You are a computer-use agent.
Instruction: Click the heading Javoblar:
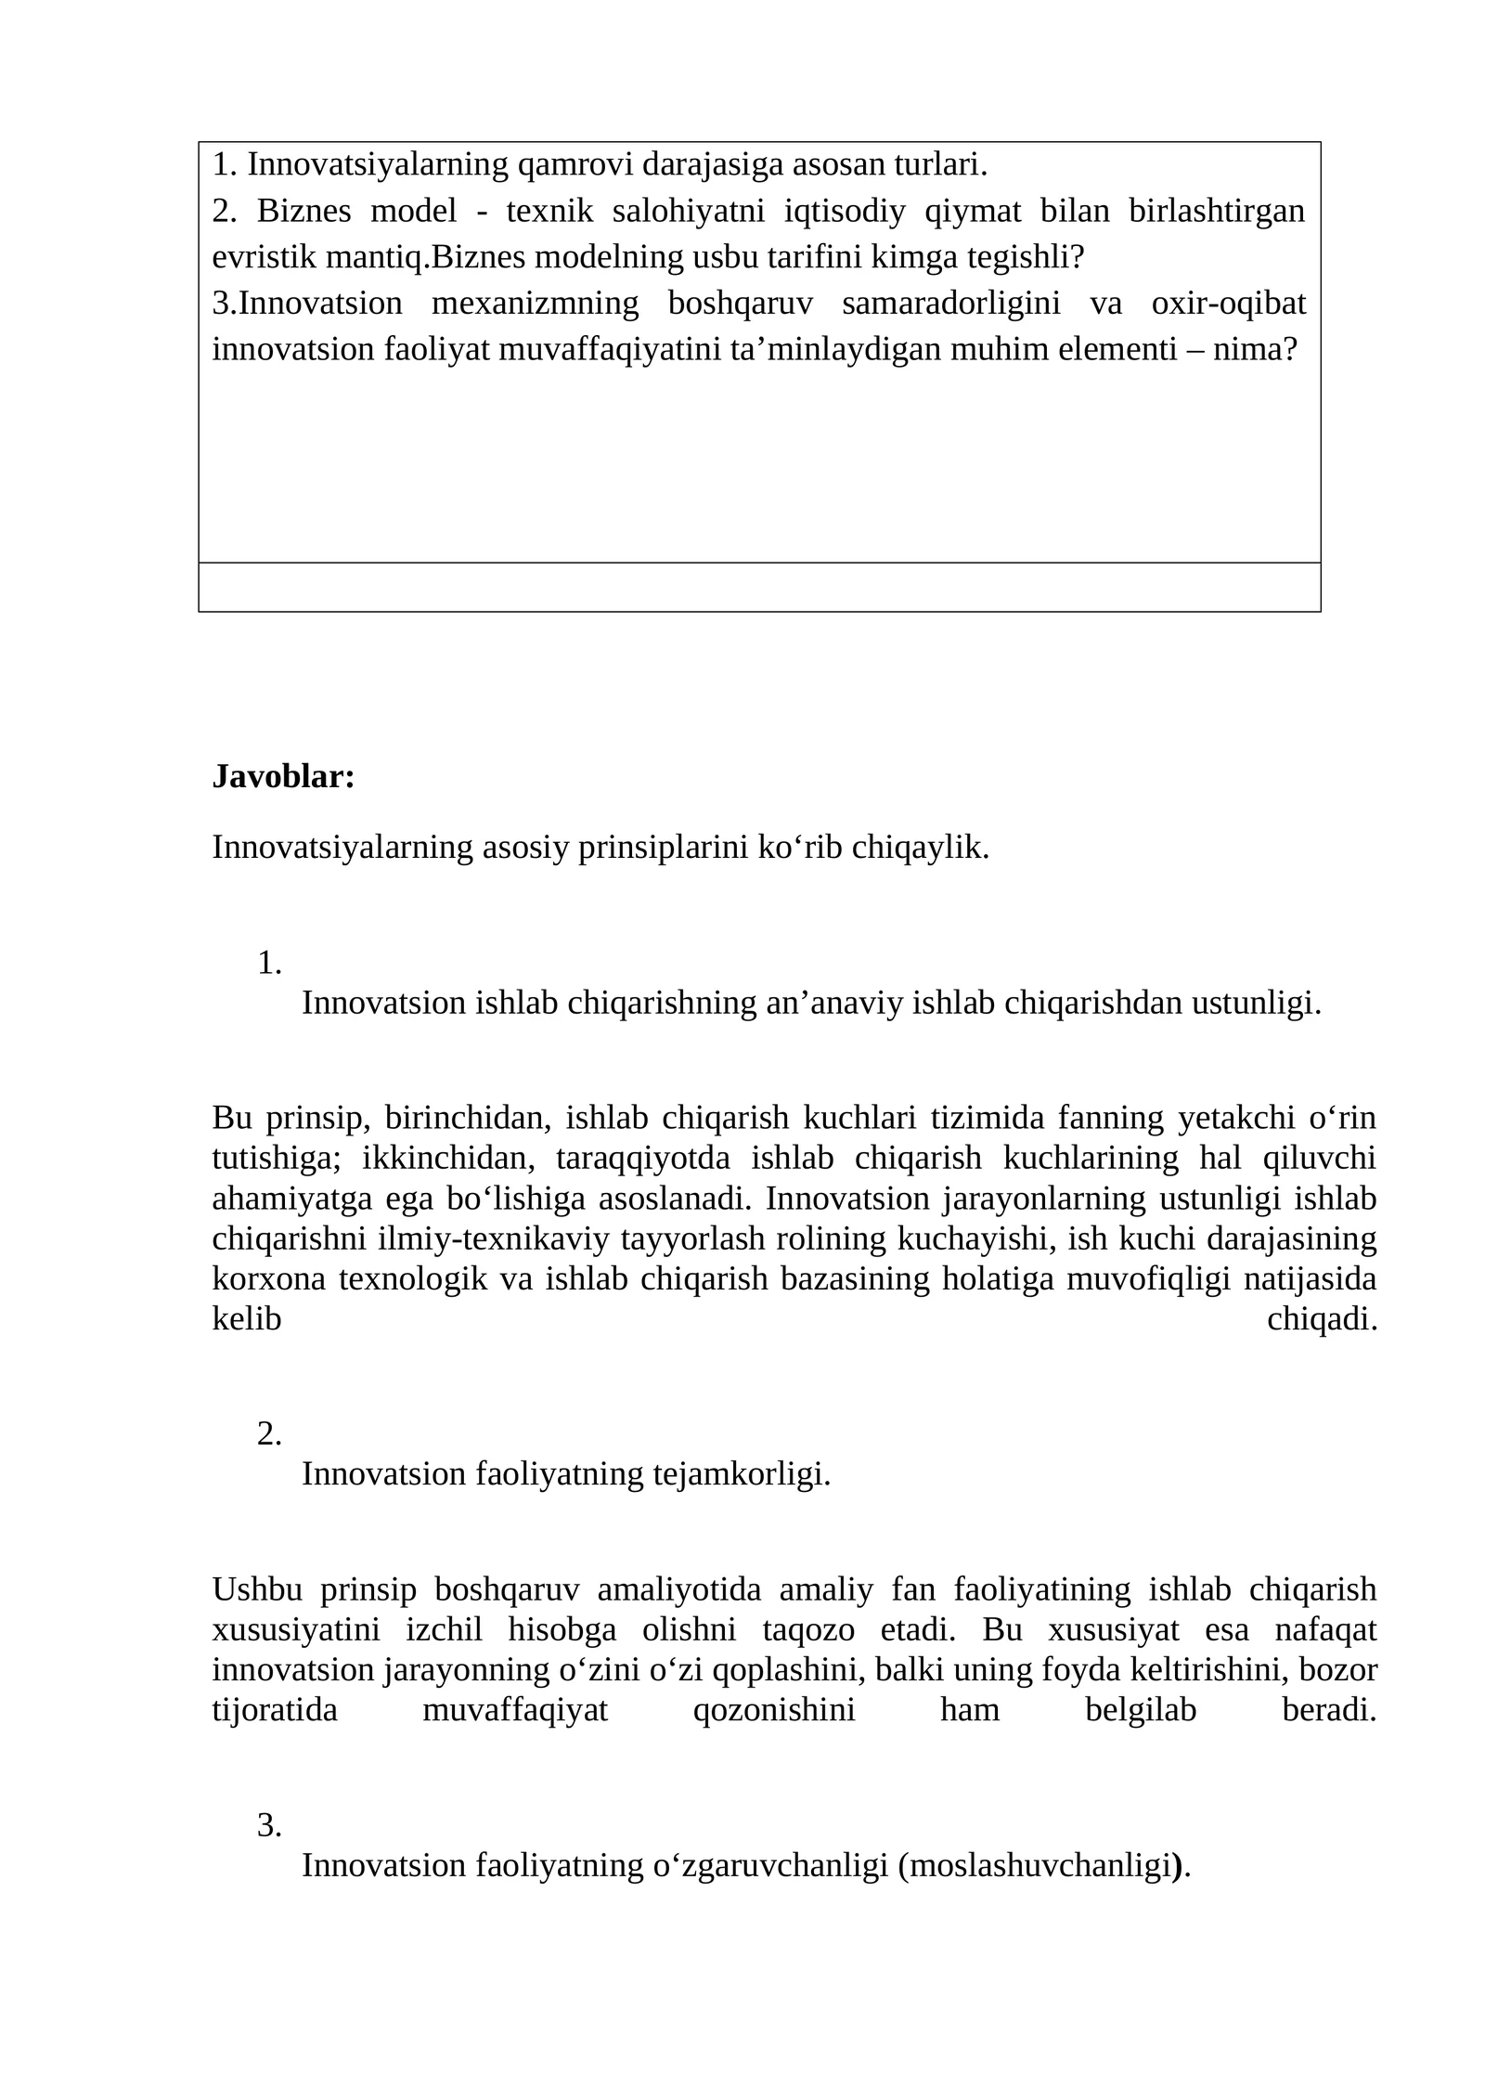click(x=283, y=776)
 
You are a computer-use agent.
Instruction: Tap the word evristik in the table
click(x=265, y=257)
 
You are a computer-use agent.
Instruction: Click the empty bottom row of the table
click(x=758, y=587)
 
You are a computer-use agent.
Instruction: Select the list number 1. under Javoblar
click(x=269, y=963)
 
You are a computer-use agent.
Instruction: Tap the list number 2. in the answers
click(x=269, y=1434)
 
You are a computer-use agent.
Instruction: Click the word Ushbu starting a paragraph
click(x=257, y=1589)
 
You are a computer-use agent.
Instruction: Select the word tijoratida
click(x=275, y=1710)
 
